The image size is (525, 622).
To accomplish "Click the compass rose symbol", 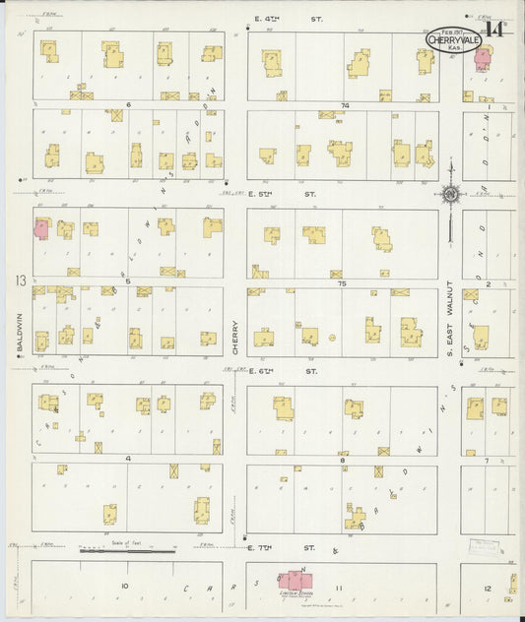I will (x=450, y=195).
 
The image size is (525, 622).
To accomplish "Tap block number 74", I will (x=345, y=104).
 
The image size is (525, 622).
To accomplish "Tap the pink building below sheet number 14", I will (x=483, y=58).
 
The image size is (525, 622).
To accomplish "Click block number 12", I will (x=488, y=589).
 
